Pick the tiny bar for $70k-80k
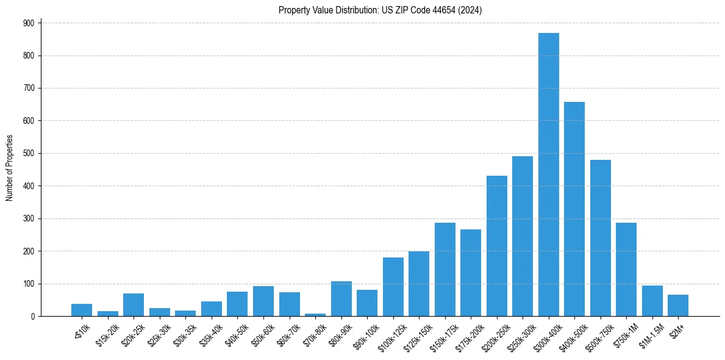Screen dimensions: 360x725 (x=315, y=314)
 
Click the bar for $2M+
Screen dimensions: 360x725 (x=678, y=306)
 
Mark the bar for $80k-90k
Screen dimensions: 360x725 (x=341, y=299)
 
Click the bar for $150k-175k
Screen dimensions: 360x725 (x=445, y=269)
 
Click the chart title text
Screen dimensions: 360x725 (x=380, y=10)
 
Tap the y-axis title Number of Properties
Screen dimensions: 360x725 (x=9, y=168)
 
